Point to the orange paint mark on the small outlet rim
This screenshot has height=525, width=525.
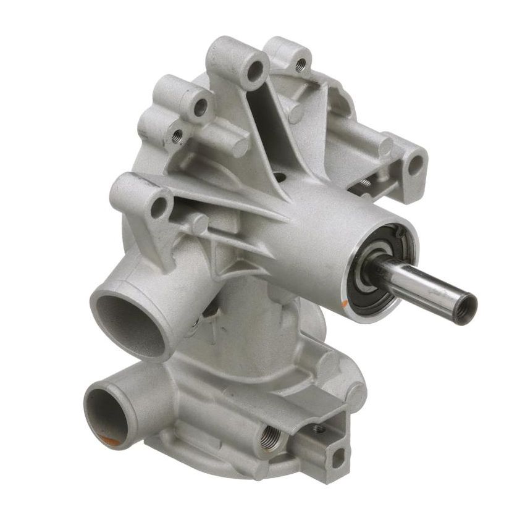[109, 440]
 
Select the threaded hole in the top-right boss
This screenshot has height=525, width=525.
[301, 64]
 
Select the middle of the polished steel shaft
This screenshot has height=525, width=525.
[420, 285]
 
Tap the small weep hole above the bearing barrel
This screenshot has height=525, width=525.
[281, 177]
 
